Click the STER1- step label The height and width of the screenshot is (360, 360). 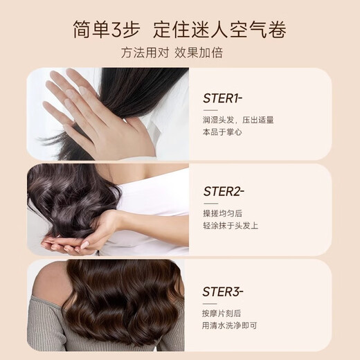(x=224, y=98)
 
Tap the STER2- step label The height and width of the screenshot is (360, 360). (x=224, y=191)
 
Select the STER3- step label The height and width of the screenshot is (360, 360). (x=224, y=291)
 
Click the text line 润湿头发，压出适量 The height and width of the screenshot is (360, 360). (x=238, y=120)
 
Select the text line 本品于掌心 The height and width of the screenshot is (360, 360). (x=224, y=132)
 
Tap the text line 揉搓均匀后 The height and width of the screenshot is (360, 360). (x=224, y=213)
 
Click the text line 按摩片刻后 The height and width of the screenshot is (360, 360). (x=224, y=313)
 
